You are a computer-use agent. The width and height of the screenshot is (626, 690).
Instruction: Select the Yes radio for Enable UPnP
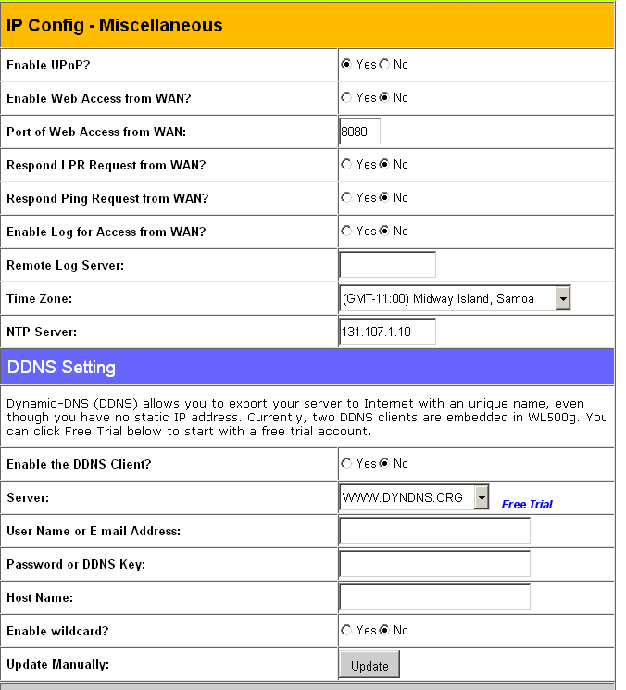(x=346, y=65)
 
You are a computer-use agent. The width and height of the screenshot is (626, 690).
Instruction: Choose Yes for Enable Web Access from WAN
(x=346, y=98)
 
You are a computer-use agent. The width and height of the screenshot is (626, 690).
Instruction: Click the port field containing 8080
(x=359, y=132)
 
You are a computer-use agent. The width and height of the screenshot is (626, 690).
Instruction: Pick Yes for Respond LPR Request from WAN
(x=346, y=165)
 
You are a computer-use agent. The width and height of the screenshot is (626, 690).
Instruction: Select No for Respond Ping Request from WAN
(x=384, y=198)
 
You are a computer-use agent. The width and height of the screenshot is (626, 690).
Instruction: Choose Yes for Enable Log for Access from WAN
(x=346, y=232)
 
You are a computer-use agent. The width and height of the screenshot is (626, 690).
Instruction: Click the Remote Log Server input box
(x=387, y=265)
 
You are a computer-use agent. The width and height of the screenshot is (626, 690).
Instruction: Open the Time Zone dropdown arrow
(x=562, y=298)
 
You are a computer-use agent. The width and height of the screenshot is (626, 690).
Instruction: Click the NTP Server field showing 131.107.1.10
(x=387, y=332)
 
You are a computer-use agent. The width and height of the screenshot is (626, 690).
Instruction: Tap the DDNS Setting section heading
(x=61, y=368)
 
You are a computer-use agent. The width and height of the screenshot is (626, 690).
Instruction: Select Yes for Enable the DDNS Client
(x=346, y=464)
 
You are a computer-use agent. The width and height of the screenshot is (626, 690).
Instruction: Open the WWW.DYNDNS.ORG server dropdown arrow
(x=481, y=498)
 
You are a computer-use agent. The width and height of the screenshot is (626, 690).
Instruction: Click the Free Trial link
(x=527, y=505)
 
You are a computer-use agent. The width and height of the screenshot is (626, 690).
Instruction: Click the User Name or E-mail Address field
(x=434, y=531)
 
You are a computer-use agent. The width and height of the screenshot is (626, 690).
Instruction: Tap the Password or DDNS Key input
(x=434, y=564)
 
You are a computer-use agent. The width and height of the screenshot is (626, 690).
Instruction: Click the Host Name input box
(x=434, y=597)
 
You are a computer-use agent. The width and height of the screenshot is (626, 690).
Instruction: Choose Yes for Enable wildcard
(x=346, y=631)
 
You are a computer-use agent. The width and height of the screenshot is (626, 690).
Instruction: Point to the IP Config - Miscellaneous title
(x=115, y=25)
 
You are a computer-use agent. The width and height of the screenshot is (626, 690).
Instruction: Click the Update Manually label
(x=57, y=664)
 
